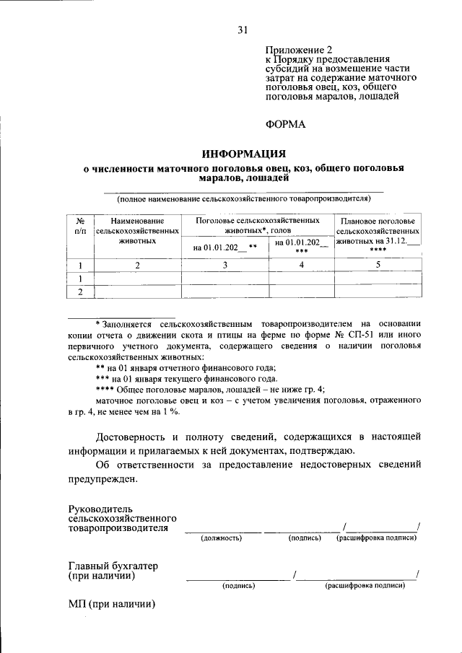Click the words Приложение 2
tap(296, 50)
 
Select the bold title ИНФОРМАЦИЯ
tap(243, 154)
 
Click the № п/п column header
tap(81, 225)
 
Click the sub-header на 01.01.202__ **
tap(225, 247)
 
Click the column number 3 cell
tap(225, 265)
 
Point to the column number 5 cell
tap(378, 265)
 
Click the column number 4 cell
tap(301, 265)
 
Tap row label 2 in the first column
tap(81, 292)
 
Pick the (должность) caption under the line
tap(221, 538)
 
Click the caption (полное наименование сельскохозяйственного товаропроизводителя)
tap(243, 197)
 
